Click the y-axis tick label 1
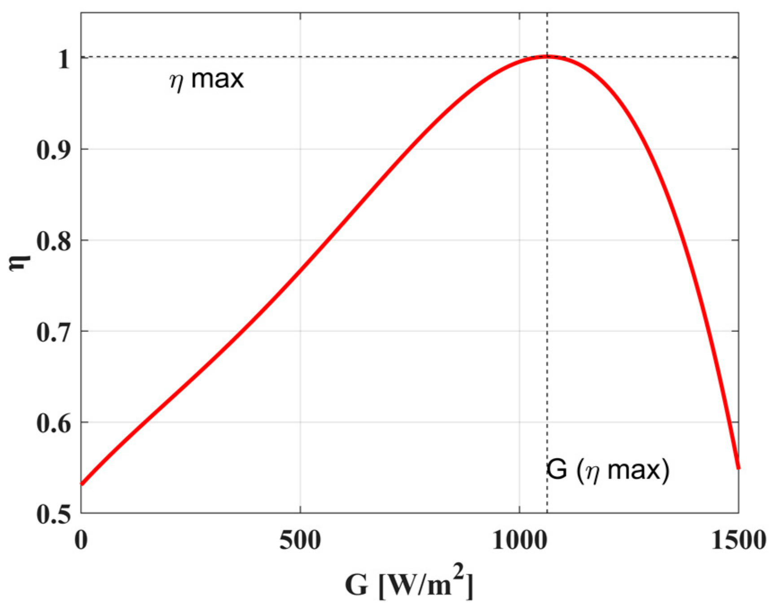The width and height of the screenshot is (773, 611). click(64, 59)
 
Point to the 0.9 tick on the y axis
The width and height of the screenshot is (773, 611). click(53, 150)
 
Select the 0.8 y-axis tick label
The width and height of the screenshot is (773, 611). click(53, 242)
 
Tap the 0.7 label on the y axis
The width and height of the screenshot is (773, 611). click(53, 333)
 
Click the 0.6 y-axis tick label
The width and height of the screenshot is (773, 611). click(53, 424)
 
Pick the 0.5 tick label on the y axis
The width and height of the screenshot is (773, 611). click(53, 515)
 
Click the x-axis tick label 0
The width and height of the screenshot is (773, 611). click(81, 540)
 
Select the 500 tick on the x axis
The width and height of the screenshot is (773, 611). click(300, 540)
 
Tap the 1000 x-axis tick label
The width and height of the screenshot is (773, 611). click(519, 540)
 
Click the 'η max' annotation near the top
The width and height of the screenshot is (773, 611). click(206, 80)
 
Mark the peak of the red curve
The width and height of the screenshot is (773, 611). click(547, 56)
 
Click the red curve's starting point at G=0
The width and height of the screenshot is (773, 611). click(82, 484)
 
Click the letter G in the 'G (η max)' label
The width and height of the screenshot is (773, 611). click(557, 471)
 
